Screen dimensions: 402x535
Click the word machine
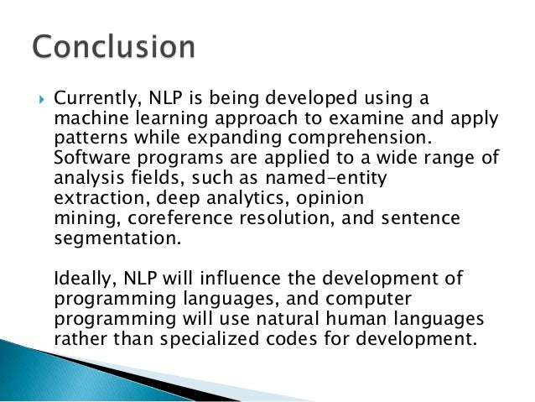pyautogui.click(x=84, y=119)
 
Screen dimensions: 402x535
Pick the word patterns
pyautogui.click(x=86, y=138)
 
